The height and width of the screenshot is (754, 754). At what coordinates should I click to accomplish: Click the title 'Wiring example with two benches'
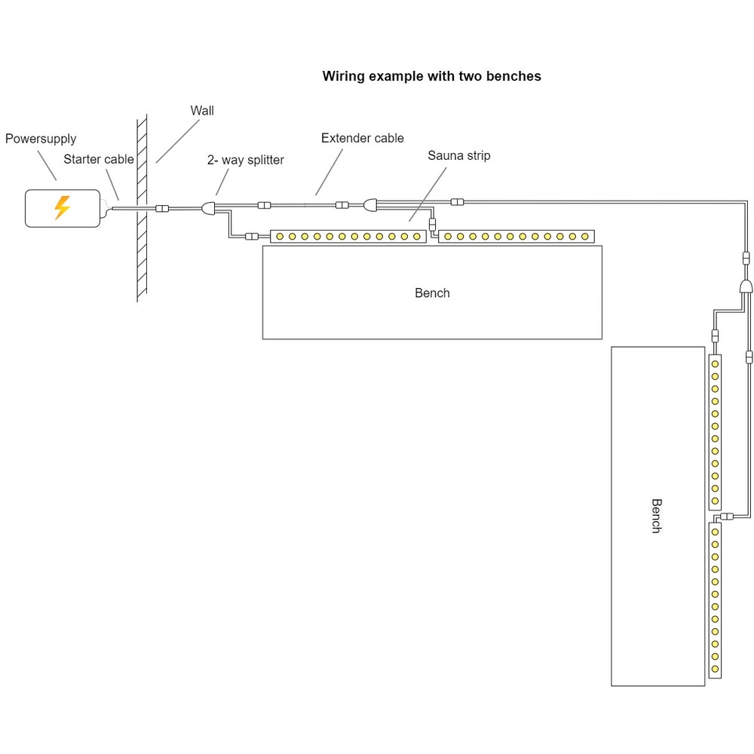pos(431,76)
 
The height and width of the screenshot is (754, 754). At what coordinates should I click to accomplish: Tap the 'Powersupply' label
pos(41,139)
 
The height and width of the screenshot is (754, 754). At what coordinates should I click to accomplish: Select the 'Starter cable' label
pos(98,159)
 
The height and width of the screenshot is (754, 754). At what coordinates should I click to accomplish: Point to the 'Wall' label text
pos(202,111)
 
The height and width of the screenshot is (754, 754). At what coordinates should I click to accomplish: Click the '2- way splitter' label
pos(246,160)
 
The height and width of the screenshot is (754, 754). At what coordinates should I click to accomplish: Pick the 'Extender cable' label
pos(362,138)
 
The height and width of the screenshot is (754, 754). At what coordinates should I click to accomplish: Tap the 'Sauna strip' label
pos(459,155)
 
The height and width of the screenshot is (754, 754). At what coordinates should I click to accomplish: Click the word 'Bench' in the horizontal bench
pos(432,293)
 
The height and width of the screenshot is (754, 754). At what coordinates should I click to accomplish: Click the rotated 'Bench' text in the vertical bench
pos(656,516)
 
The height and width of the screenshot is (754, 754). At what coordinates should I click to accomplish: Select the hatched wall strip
pos(142,208)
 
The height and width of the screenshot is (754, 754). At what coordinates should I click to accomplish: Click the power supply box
pos(63,208)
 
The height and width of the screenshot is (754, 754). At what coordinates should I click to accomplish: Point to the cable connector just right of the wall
pos(161,208)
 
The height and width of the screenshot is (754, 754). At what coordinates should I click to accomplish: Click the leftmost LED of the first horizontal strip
pos(280,237)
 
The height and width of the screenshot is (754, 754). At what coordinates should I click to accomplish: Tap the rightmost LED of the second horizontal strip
pos(584,237)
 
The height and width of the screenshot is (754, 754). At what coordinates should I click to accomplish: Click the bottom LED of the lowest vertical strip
pos(715,669)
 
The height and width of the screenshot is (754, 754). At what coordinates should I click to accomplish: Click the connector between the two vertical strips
pos(727,516)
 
